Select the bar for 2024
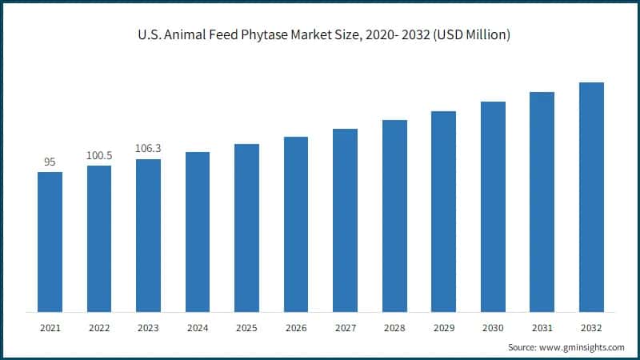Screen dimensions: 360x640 (x=198, y=232)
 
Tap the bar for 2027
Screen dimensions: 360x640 (x=345, y=220)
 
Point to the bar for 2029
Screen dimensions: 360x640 (x=443, y=211)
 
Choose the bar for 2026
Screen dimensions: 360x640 (x=296, y=224)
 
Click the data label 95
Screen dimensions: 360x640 (x=50, y=162)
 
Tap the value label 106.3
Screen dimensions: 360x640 (x=148, y=149)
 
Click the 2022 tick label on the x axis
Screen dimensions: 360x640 (x=99, y=328)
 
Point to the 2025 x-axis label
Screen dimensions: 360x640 (x=246, y=328)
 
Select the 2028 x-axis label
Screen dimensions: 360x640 (x=394, y=328)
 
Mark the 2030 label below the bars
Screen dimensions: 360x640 (x=493, y=328)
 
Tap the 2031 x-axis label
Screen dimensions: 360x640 (x=542, y=328)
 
